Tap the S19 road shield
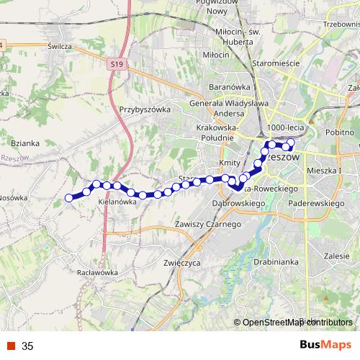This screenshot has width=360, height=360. (x=119, y=65)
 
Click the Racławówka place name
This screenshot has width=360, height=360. (x=96, y=273)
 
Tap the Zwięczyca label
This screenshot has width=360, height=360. (x=181, y=263)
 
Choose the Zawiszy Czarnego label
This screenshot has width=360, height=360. (x=207, y=225)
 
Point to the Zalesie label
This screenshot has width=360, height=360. (x=336, y=256)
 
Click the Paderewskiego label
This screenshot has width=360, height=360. (x=314, y=204)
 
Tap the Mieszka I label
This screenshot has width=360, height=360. (x=323, y=171)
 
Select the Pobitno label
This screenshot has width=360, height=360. (x=343, y=132)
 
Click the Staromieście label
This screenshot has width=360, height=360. (x=276, y=63)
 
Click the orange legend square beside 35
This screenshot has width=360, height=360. (x=12, y=346)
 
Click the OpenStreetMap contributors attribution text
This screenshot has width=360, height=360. (x=297, y=323)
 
